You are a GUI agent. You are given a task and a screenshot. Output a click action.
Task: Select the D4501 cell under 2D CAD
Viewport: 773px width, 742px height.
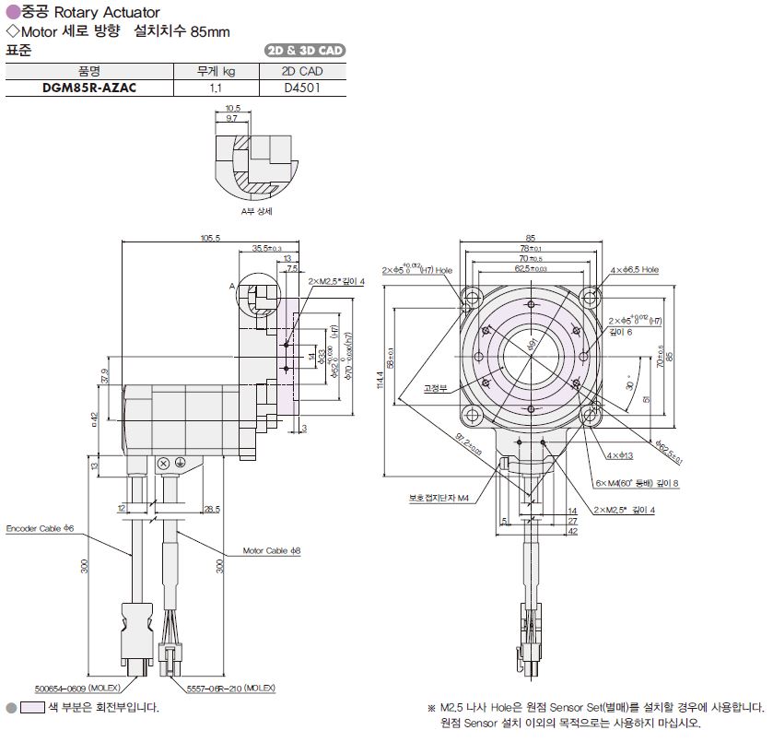tap(302, 88)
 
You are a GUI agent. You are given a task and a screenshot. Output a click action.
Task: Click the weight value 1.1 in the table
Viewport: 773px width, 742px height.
tap(216, 88)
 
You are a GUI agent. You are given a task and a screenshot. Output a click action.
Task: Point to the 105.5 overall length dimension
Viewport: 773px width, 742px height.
tap(210, 239)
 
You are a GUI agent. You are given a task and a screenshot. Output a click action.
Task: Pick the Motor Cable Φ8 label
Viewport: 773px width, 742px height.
tap(272, 550)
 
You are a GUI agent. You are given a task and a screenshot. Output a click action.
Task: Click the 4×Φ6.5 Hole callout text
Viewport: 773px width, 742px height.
tap(635, 270)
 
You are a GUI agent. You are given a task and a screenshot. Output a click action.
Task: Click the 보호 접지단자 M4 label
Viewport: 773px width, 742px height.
tap(439, 499)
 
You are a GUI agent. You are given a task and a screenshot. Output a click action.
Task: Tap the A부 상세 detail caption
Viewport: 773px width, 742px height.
tap(255, 211)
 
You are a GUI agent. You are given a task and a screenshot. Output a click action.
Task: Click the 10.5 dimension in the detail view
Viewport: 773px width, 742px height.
tap(232, 108)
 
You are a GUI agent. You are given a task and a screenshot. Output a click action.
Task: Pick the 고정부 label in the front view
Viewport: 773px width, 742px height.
tap(435, 388)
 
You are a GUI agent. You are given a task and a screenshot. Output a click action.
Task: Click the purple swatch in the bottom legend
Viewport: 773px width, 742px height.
tap(32, 708)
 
